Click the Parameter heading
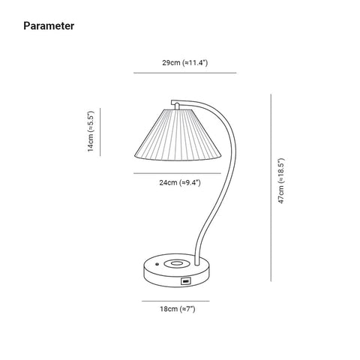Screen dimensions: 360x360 click(x=49, y=26)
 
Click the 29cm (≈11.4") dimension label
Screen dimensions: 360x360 click(x=185, y=62)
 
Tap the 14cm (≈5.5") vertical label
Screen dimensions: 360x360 click(x=90, y=131)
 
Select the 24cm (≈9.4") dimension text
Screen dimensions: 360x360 click(x=180, y=182)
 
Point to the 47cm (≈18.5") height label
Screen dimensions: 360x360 click(x=281, y=181)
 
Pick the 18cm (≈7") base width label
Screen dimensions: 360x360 click(x=178, y=309)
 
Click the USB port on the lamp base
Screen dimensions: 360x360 click(x=186, y=281)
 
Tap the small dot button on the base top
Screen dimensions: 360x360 click(x=157, y=264)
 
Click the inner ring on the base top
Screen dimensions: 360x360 click(x=176, y=263)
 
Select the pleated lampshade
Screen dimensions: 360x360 click(x=178, y=135)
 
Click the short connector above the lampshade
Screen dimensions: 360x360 click(x=177, y=106)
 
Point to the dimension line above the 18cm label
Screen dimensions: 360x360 click(x=175, y=301)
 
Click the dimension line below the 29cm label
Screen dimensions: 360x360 click(x=185, y=73)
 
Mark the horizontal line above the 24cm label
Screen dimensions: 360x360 click(x=177, y=173)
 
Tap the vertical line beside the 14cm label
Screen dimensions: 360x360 click(x=100, y=132)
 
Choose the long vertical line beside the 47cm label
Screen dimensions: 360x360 click(x=271, y=187)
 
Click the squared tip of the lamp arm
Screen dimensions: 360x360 click(x=172, y=103)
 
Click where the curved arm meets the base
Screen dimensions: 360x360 click(x=196, y=264)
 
